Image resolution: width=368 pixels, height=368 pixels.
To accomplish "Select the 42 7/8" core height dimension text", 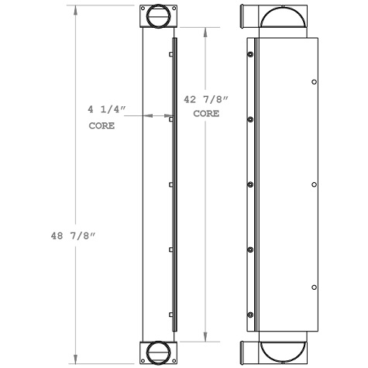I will point(200,100).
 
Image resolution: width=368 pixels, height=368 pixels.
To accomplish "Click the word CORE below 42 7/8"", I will point(205,113).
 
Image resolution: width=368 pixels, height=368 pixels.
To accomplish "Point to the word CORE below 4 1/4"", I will point(101,126).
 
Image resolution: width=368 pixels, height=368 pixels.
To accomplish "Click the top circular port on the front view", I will point(157,15).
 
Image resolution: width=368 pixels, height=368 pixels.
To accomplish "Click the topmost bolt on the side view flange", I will point(250,54).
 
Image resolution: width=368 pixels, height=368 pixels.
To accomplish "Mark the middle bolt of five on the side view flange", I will point(250,184).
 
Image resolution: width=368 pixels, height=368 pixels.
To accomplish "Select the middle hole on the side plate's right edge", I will point(314,184).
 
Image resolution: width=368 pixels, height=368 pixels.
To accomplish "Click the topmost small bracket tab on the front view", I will point(170,55).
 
